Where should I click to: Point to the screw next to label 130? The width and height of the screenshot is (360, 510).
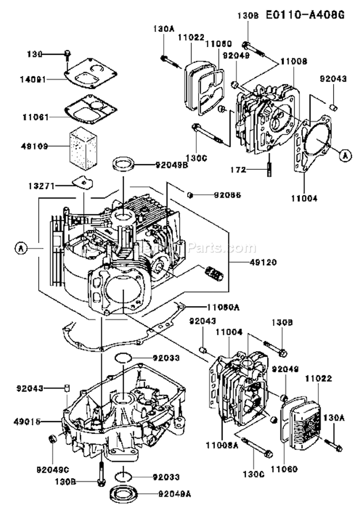pyautogui.click(x=68, y=54)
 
